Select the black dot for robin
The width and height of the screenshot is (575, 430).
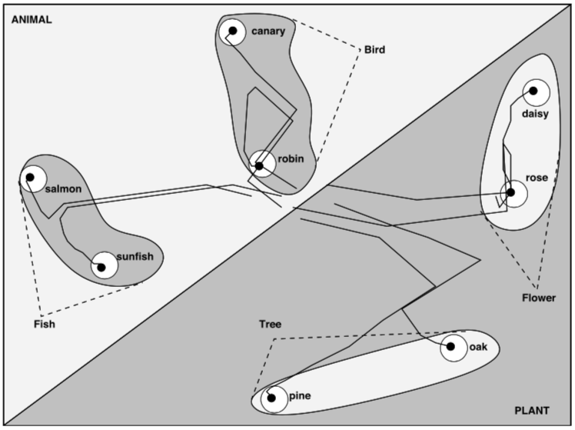[259, 165]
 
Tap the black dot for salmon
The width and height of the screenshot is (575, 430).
[30, 177]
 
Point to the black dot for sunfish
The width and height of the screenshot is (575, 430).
[101, 268]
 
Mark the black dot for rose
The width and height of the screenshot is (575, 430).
[510, 194]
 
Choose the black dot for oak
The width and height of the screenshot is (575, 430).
[450, 347]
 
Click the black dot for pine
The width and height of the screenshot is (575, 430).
[271, 398]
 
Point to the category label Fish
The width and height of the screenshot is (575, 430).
[45, 324]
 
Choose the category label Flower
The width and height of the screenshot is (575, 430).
[538, 297]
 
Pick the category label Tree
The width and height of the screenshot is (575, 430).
[271, 324]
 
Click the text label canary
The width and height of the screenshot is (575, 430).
[268, 32]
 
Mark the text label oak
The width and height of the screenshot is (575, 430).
[478, 347]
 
